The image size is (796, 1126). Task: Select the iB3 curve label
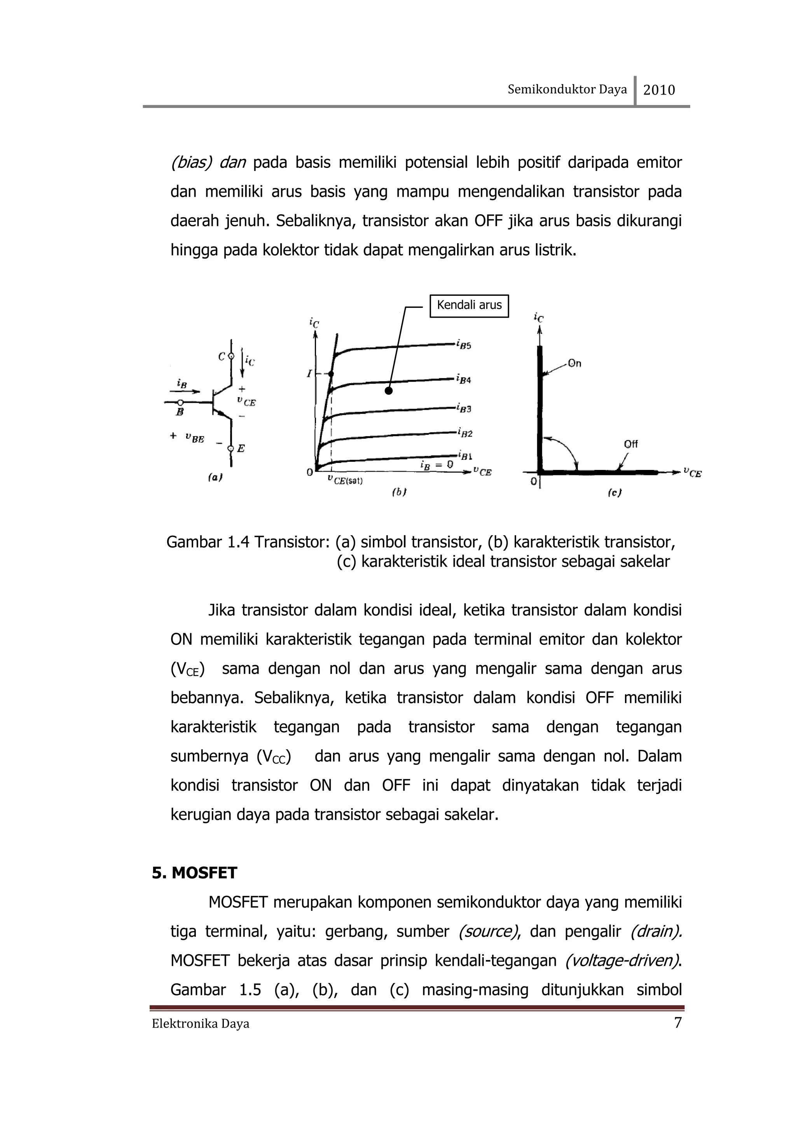(x=463, y=409)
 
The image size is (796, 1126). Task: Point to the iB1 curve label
(x=464, y=455)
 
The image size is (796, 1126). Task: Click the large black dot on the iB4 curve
(x=388, y=391)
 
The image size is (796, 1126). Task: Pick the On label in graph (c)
(x=575, y=363)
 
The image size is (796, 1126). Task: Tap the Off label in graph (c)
(x=631, y=444)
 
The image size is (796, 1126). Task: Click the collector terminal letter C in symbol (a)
(x=222, y=357)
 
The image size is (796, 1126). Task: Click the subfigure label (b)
(x=399, y=492)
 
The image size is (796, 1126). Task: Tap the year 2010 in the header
(x=659, y=90)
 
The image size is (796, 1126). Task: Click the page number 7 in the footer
(x=678, y=1023)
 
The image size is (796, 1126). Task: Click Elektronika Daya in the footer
(x=200, y=1024)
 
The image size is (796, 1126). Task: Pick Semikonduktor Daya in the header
(x=567, y=89)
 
